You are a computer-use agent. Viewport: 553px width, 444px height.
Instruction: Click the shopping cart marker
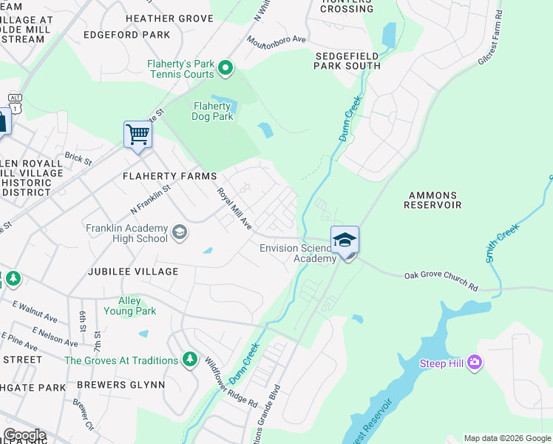[138, 135]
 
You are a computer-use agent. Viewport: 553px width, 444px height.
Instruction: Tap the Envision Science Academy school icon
[345, 240]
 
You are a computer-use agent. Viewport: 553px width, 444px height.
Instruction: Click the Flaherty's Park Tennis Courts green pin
[226, 70]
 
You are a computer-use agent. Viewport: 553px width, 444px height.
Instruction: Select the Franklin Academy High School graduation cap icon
[179, 233]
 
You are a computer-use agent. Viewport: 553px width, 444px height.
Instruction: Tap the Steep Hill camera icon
[475, 363]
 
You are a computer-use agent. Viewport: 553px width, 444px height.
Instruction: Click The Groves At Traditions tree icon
[190, 360]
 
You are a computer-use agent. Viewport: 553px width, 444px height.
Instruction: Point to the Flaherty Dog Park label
[213, 111]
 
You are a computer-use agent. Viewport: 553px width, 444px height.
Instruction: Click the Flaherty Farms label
[170, 176]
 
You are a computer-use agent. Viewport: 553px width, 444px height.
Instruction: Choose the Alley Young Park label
[138, 306]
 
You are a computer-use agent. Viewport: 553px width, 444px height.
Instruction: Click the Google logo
[24, 435]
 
